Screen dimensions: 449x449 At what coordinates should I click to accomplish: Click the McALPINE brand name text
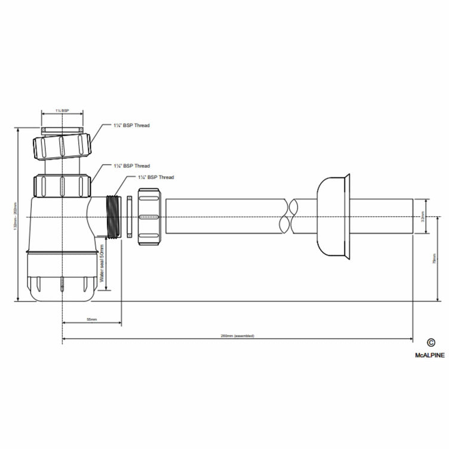point(429,354)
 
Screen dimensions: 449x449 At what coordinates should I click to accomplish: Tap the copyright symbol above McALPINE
point(430,343)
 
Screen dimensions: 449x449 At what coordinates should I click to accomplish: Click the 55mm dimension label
point(91,320)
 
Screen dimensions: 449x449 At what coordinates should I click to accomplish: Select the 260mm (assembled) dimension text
point(237,336)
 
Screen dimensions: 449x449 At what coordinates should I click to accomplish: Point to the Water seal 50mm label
point(102,263)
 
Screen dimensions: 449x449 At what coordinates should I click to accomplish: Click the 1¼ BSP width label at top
point(61,111)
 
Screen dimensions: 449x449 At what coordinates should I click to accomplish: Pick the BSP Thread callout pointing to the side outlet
point(156,177)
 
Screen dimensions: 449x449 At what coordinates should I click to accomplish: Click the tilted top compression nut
point(62,146)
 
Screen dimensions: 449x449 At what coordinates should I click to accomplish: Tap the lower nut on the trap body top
point(62,185)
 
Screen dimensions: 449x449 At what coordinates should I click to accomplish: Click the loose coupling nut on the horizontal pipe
point(149,217)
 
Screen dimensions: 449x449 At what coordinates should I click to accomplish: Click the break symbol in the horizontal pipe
point(288,217)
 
